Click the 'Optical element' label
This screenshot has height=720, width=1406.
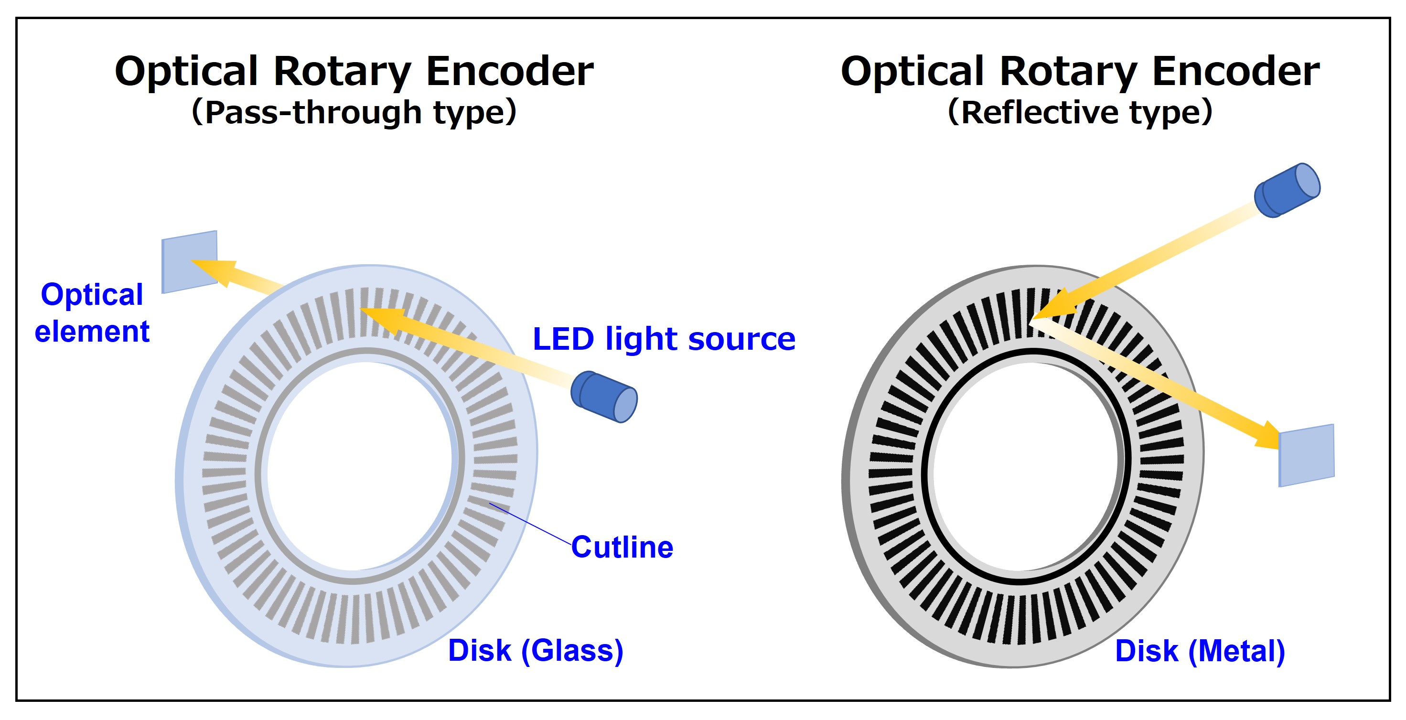92,313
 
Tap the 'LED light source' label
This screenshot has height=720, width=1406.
664,339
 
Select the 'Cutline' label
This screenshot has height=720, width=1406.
622,547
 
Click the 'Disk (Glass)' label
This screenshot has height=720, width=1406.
536,651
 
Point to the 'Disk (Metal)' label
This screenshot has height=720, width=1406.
1200,651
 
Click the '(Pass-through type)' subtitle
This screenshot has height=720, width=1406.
354,112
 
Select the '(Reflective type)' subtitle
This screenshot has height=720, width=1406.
1080,112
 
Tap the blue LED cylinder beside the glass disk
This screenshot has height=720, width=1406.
604,397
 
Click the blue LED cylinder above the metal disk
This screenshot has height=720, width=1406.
1287,190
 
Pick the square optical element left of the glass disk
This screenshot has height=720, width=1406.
189,261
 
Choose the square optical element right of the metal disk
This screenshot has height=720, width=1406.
1307,455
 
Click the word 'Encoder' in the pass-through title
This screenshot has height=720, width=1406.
509,72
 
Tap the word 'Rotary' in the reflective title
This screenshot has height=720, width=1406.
1076,72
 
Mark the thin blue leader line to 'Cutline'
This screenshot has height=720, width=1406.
530,524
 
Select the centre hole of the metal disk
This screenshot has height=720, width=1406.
1026,467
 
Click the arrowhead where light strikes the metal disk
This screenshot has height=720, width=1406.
1051,306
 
